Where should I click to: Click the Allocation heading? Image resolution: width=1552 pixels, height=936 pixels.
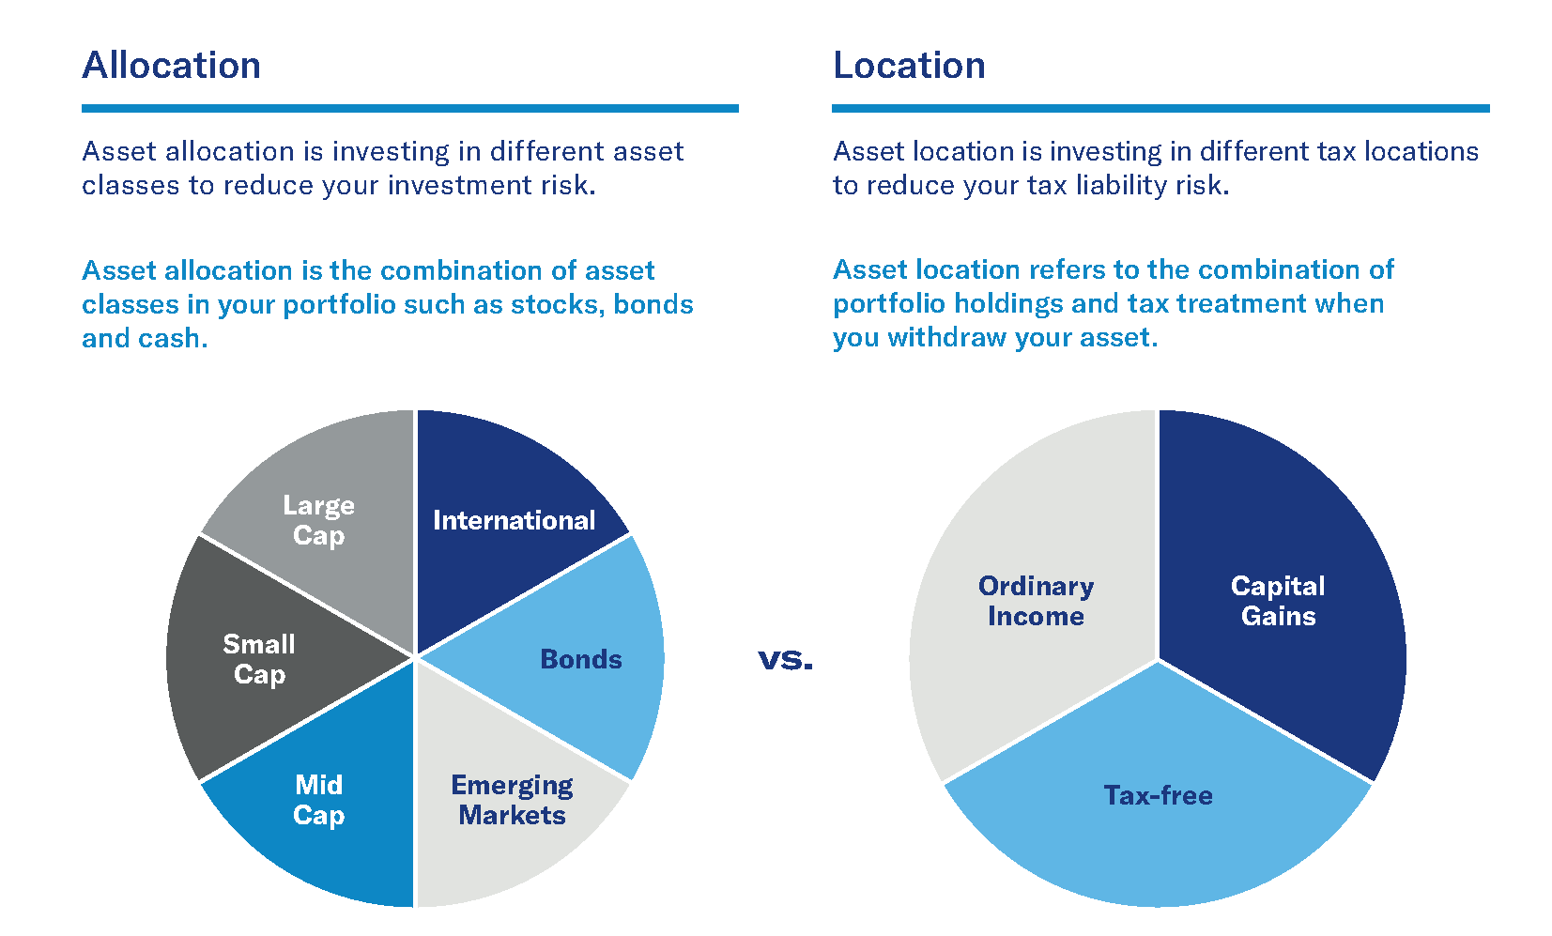171,66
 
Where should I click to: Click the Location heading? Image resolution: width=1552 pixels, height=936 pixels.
909,66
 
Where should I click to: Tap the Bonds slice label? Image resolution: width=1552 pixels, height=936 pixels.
580,659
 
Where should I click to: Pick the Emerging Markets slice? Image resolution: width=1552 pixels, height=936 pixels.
512,800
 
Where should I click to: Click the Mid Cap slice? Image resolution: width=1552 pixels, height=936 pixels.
318,800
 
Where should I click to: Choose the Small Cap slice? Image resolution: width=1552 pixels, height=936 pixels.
258,659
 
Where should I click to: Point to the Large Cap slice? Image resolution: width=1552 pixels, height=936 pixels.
318,520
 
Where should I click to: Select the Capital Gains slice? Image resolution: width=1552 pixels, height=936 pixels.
1278,601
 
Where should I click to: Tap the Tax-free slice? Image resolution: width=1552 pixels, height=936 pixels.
1158,796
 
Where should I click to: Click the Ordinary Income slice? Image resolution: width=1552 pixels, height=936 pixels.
1036,601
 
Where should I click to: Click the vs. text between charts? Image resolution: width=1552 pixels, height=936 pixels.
785,661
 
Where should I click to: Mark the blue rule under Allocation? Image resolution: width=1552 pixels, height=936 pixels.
409,109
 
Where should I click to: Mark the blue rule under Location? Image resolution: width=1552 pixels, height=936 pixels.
1160,109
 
